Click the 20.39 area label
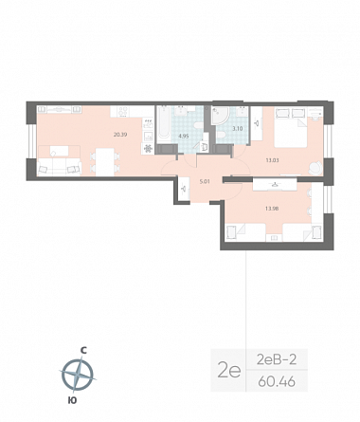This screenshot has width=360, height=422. click(120, 135)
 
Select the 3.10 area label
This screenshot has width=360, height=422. click(238, 129)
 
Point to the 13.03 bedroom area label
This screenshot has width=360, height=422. click(272, 160)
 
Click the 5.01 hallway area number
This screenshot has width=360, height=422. click(205, 182)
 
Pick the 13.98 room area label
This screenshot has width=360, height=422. click(272, 209)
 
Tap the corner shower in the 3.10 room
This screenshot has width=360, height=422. click(221, 116)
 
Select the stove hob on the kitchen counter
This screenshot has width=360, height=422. click(123, 111)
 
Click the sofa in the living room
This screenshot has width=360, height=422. click(59, 166)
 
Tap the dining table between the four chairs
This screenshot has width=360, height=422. click(105, 162)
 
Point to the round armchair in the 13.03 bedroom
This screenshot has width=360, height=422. click(315, 167)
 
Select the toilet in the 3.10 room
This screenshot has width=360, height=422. click(222, 136)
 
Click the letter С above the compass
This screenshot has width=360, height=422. click(83, 350)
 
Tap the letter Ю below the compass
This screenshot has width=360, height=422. click(72, 400)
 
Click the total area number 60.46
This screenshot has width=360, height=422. click(277, 381)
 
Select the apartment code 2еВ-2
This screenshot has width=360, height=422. click(277, 359)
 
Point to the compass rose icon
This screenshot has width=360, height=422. click(78, 375)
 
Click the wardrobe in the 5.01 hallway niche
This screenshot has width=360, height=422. click(184, 189)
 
